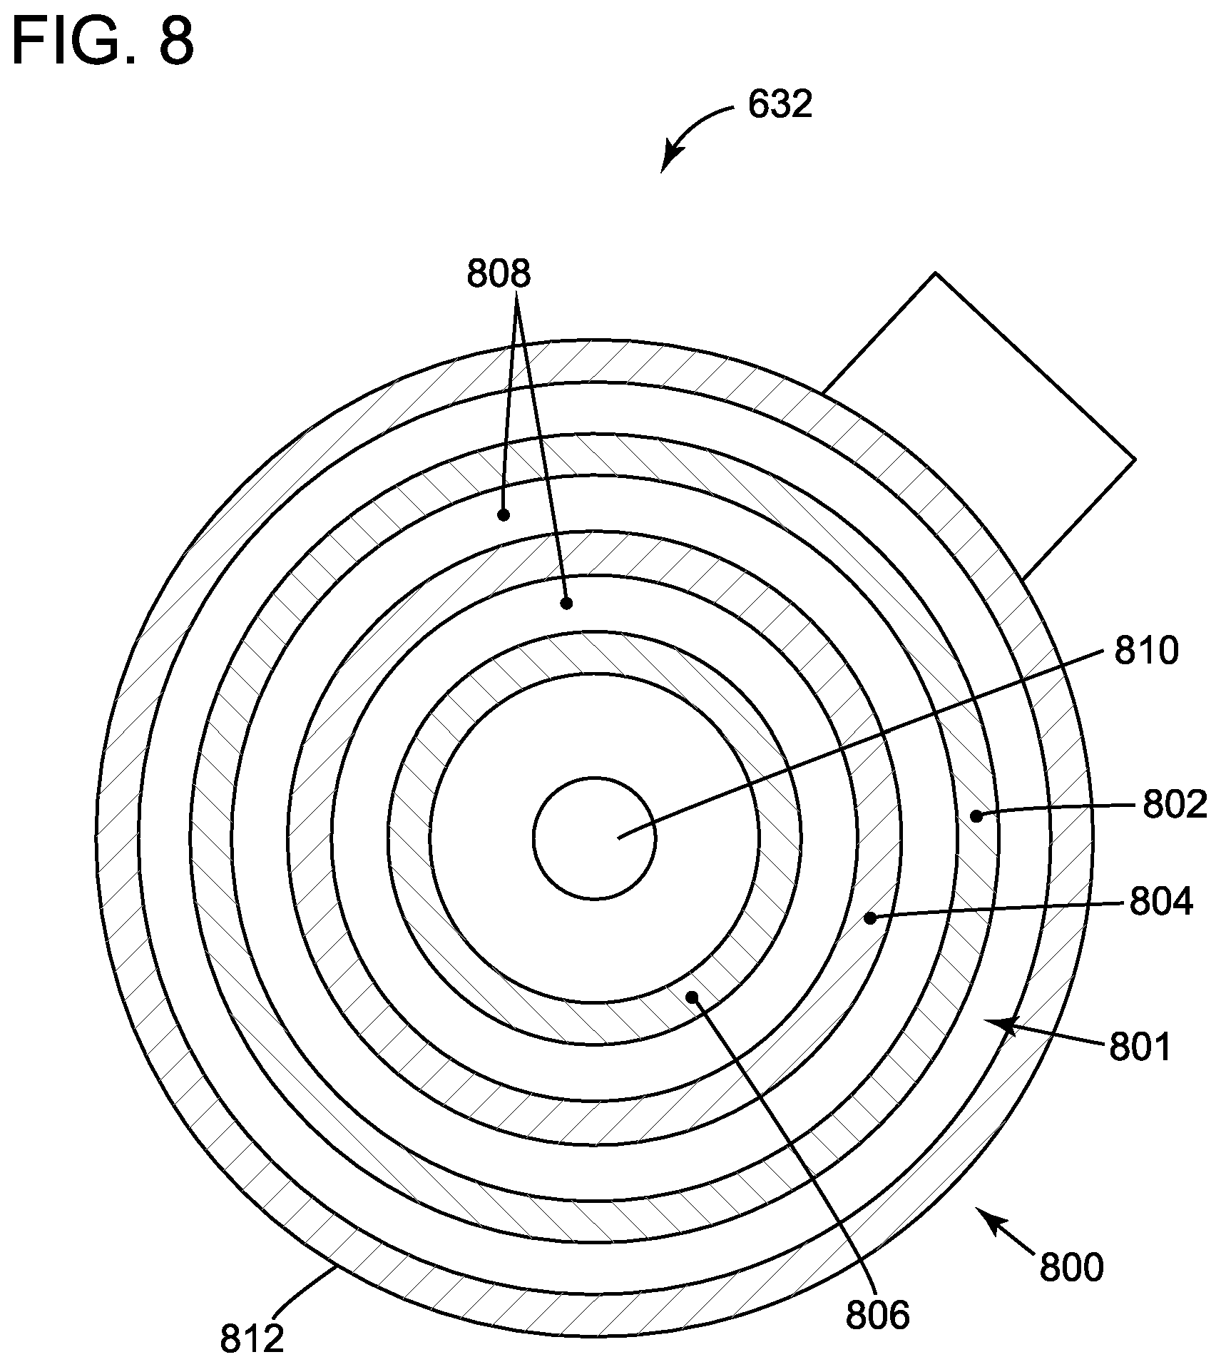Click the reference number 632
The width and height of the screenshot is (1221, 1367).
coord(780,106)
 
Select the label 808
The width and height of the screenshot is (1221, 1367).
coord(499,274)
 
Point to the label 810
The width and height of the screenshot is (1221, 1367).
coord(1146,651)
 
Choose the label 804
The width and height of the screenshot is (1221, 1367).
coord(1160,903)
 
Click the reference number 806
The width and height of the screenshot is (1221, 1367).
coord(877,1316)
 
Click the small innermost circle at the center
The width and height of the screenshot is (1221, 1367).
coord(594,837)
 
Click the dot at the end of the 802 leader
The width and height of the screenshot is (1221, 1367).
coord(977,816)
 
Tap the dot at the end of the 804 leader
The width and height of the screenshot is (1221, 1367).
coord(869,919)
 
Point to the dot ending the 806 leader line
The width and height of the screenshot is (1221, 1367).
coord(691,995)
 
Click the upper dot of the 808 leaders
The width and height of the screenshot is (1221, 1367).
coord(503,514)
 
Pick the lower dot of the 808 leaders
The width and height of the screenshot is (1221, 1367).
coord(566,603)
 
